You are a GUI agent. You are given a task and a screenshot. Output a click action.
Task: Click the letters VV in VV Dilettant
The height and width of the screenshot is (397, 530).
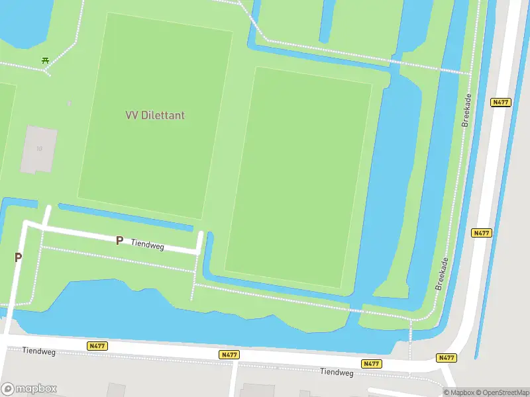click(x=131, y=115)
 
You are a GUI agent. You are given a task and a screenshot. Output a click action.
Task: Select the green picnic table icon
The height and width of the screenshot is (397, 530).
click(x=46, y=61)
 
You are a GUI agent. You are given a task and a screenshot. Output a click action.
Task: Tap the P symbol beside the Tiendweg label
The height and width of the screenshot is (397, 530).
click(x=119, y=241)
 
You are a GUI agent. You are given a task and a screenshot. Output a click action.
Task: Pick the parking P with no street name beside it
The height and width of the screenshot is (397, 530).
click(x=18, y=257)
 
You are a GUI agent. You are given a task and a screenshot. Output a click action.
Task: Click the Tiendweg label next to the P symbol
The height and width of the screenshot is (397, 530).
click(x=147, y=245)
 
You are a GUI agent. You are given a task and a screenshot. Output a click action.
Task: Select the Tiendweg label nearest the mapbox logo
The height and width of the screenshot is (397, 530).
click(x=36, y=350)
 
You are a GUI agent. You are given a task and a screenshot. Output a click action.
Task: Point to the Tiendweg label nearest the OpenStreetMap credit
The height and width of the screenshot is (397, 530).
click(x=337, y=372)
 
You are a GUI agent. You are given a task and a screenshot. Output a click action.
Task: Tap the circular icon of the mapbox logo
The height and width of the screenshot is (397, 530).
click(x=8, y=389)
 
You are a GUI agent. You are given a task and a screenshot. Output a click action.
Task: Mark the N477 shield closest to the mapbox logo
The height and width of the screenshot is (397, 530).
click(x=97, y=346)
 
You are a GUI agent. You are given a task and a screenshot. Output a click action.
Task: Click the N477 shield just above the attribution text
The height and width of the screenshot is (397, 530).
click(x=447, y=358)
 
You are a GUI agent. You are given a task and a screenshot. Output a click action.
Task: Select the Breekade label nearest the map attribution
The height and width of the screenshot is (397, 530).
click(x=443, y=273)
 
